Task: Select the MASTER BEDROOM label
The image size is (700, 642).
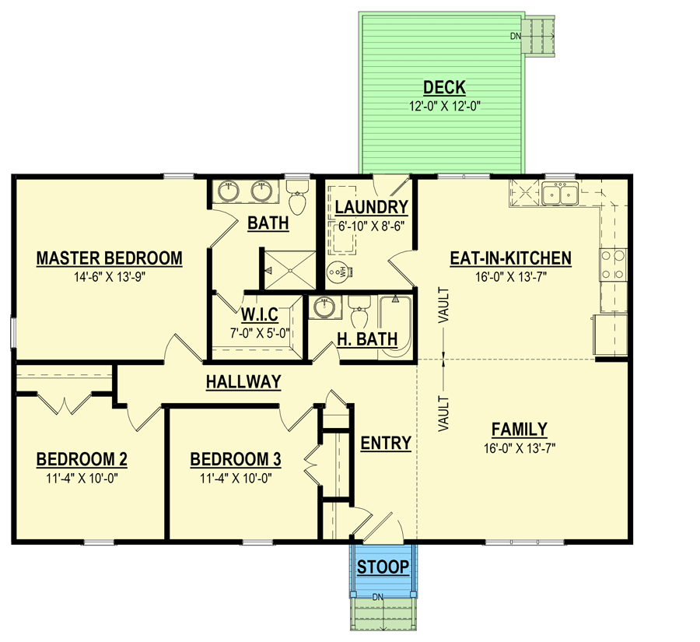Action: (x=110, y=258)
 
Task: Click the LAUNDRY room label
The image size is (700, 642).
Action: (x=372, y=207)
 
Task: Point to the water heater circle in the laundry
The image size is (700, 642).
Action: (x=337, y=272)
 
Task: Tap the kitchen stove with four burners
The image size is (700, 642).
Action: (x=613, y=264)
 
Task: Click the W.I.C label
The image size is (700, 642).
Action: (x=260, y=315)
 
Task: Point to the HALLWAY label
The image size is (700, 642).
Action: (x=243, y=382)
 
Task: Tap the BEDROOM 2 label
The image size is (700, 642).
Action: (x=82, y=460)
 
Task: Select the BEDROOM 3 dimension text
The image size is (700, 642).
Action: (x=236, y=479)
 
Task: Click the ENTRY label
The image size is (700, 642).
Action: (x=386, y=443)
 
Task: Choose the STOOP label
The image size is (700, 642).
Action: (x=383, y=567)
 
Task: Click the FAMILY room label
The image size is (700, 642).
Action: (x=519, y=429)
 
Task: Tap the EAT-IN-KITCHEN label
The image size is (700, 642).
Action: (x=511, y=258)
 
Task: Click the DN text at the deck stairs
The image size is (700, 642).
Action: (x=516, y=36)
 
